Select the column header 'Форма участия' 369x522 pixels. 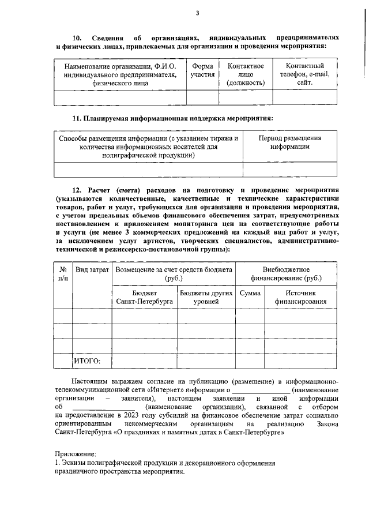[202, 70]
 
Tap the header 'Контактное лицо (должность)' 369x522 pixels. [246, 74]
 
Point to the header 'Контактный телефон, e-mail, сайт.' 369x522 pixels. [304, 74]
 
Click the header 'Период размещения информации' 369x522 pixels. [289, 142]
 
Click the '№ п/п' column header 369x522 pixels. [63, 274]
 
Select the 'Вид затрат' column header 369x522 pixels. [92, 270]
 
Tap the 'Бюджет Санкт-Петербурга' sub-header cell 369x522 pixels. [144, 297]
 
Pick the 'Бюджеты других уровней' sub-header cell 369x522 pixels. [206, 297]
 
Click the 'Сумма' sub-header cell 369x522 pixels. [250, 293]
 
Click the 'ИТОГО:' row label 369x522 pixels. [87, 361]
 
